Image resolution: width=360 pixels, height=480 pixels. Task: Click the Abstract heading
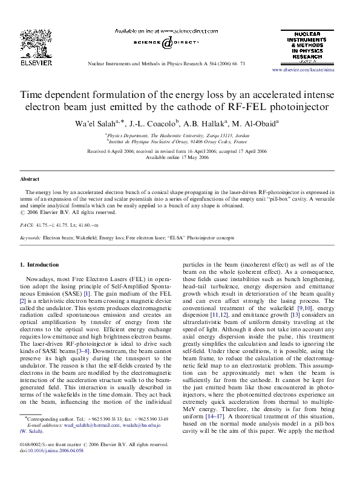(30, 180)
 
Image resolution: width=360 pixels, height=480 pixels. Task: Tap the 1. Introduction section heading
(39, 265)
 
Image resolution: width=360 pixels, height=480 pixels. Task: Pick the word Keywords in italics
(30, 238)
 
